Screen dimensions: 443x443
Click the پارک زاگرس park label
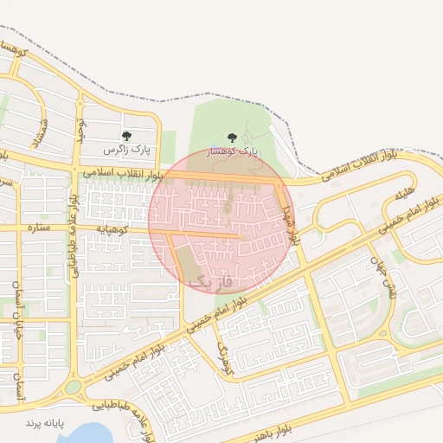click(x=126, y=151)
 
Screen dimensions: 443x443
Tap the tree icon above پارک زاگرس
click(x=126, y=136)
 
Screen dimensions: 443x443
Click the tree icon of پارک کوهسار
click(x=231, y=138)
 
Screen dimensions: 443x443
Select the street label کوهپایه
click(x=112, y=229)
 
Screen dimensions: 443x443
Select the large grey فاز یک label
click(x=211, y=281)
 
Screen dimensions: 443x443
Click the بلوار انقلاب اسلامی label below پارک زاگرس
click(x=124, y=174)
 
